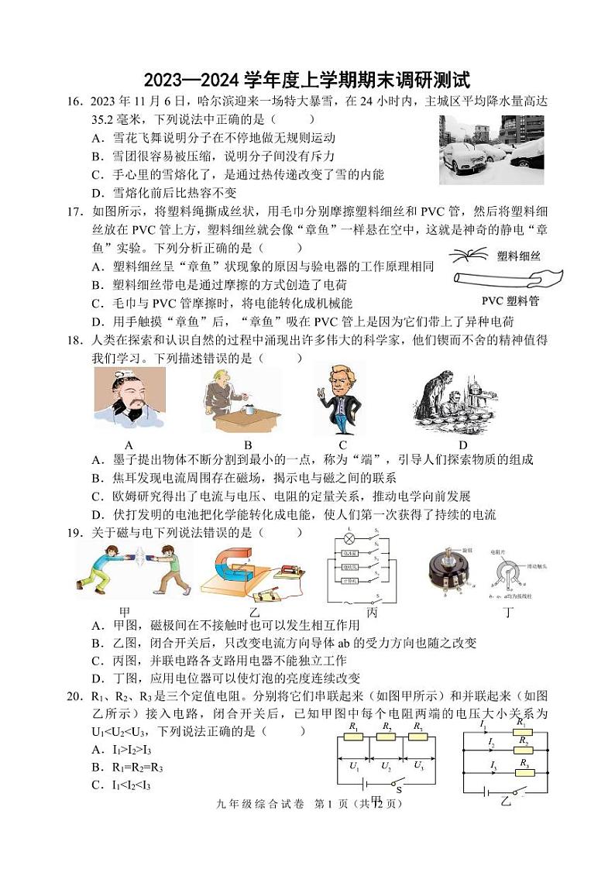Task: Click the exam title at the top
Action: [x=307, y=80]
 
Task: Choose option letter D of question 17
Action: [x=97, y=321]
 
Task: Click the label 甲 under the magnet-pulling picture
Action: [x=125, y=612]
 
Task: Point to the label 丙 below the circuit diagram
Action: [x=371, y=612]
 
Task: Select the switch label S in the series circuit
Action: [x=399, y=791]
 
